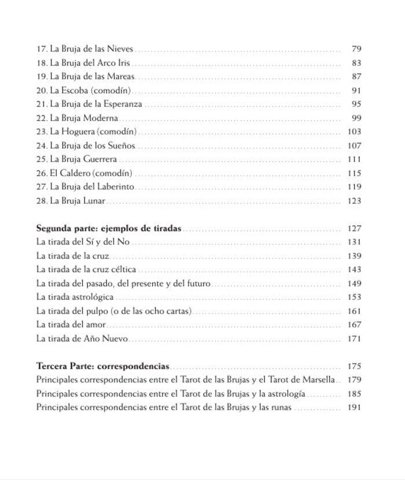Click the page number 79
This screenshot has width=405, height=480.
356,49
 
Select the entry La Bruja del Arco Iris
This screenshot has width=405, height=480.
83,63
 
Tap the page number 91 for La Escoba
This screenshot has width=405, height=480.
356,91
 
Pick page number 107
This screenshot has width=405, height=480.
354,146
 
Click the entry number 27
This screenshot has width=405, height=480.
41,187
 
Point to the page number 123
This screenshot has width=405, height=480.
354,201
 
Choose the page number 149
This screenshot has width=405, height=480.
354,284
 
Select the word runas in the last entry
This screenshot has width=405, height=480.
281,408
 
